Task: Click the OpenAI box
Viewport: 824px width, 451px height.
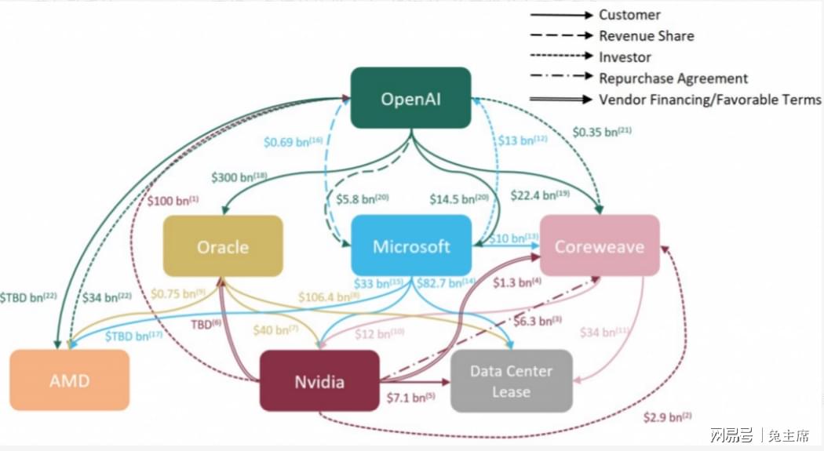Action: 411,98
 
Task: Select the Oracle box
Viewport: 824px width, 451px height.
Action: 224,246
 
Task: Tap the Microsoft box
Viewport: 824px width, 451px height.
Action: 411,246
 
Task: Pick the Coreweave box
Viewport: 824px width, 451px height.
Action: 600,246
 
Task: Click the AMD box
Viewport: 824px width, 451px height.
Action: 69,380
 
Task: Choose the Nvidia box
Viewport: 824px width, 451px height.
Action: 319,380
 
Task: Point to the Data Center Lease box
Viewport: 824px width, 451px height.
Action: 512,380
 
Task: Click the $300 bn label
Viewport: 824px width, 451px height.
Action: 239,177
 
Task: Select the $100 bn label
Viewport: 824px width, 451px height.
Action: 173,201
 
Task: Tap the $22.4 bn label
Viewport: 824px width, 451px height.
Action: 540,195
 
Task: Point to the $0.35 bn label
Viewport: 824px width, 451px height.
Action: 602,132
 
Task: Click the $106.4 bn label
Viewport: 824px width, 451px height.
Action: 329,297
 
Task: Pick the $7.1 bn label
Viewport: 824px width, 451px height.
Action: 411,398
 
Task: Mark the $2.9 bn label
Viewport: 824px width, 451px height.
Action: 667,417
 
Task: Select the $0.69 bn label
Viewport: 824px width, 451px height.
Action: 294,142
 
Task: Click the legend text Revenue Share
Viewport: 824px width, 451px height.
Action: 647,36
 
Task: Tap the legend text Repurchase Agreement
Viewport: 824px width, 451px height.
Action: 673,78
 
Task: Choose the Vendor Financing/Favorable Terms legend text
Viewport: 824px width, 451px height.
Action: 710,100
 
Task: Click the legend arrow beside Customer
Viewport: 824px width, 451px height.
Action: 561,15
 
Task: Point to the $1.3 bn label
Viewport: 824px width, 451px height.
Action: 517,282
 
